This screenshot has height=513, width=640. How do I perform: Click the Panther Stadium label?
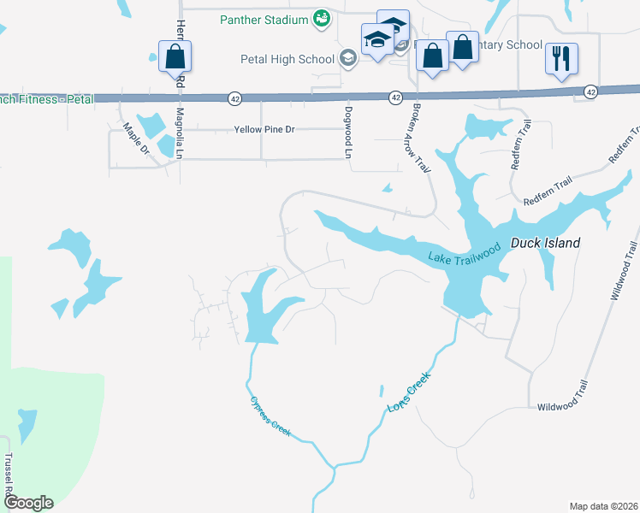coord(263,19)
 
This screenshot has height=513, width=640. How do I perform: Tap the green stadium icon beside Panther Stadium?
coord(321,19)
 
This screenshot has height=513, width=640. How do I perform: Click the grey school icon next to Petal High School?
coord(348,58)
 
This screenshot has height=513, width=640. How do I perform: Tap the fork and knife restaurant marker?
coord(561,59)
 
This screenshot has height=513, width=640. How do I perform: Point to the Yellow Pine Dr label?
coord(264,129)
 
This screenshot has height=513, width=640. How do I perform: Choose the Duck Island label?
coord(545,243)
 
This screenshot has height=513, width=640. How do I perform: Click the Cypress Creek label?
coord(271,416)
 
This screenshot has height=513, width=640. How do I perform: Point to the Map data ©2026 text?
coord(602,506)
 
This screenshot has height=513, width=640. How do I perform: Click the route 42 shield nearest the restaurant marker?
coord(590,91)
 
